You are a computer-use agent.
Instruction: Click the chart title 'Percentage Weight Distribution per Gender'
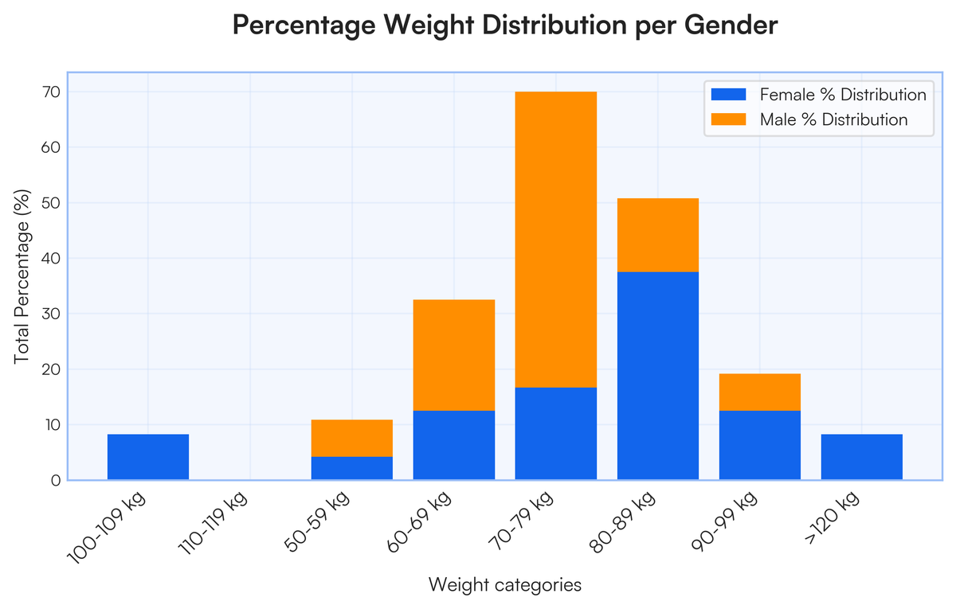(504, 25)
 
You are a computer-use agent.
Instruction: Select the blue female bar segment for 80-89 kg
(658, 376)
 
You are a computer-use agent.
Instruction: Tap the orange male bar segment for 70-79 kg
(556, 240)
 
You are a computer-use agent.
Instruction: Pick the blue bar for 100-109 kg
(148, 457)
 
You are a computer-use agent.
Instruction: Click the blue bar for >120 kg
(862, 457)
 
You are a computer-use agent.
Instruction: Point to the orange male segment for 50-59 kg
(352, 438)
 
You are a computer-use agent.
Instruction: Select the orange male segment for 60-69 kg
(454, 355)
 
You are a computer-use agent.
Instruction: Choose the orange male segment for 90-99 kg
(760, 392)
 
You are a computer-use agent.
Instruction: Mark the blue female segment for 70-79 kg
(556, 434)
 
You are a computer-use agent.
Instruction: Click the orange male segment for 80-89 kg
(658, 235)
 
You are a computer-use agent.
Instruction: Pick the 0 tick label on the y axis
(54, 480)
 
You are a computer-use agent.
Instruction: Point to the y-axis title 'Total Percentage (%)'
(22, 276)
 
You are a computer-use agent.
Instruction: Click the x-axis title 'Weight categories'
(505, 585)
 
